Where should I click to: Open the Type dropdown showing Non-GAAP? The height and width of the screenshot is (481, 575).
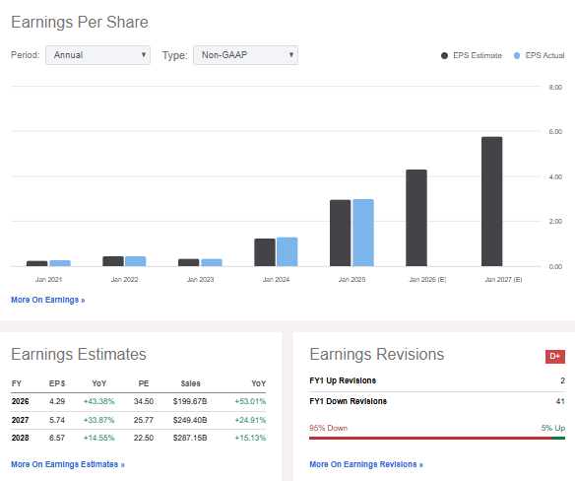coord(245,55)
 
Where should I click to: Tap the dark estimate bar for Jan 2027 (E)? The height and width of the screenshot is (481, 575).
coord(491,201)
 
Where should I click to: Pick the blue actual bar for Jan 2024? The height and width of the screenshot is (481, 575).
coord(287,251)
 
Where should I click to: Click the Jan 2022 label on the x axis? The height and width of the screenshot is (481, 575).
coord(125,280)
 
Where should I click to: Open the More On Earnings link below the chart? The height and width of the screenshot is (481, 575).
coord(48,300)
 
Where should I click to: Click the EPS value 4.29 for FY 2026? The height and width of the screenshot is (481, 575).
coord(57,401)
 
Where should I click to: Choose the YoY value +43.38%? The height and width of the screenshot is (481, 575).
coord(100,401)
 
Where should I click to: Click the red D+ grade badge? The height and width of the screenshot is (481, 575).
coord(555,356)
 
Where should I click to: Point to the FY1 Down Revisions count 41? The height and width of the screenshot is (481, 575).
coord(559,401)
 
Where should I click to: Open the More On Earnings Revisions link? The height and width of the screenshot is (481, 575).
coord(366,464)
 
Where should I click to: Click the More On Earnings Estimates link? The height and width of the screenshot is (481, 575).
coord(68,464)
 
